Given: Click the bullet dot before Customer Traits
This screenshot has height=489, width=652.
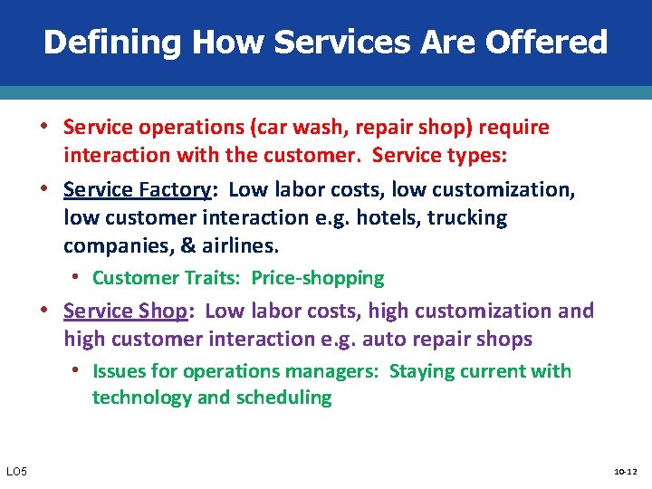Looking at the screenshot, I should pyautogui.click(x=81, y=278).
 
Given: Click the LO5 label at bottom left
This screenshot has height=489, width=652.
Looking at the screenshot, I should pyautogui.click(x=16, y=472).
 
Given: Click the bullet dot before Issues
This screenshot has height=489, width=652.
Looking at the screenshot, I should pyautogui.click(x=81, y=371).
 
